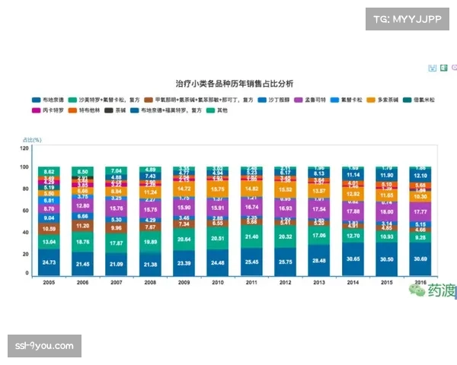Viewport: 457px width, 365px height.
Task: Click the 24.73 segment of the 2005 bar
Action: [50, 262]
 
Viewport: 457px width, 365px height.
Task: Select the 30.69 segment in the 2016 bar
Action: [420, 259]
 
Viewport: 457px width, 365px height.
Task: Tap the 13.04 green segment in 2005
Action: [50, 242]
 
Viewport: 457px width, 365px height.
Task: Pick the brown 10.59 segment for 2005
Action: [50, 228]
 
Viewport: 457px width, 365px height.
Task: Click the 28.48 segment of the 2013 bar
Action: [319, 260]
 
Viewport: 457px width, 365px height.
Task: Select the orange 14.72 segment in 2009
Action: [184, 188]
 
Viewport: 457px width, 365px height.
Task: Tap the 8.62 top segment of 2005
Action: [50, 172]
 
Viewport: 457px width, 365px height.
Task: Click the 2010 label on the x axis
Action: [217, 281]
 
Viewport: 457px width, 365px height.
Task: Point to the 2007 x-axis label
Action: [117, 281]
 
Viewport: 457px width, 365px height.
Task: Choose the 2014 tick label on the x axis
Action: [353, 281]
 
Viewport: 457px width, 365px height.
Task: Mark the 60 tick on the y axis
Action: [25, 211]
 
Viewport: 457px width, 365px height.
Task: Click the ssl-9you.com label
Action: [44, 346]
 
